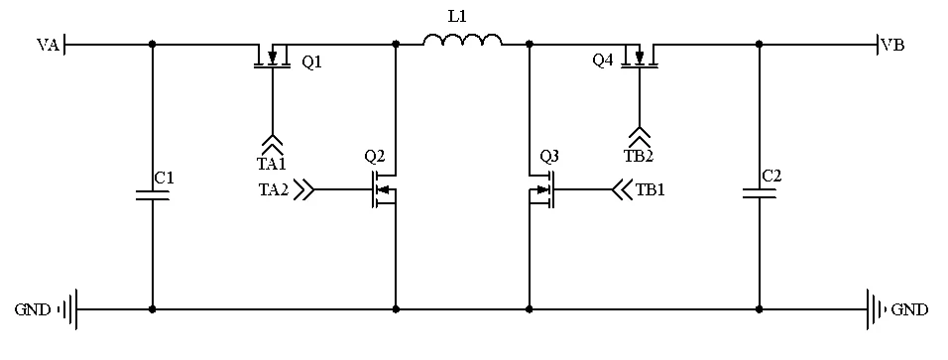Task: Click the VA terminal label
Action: (x=48, y=45)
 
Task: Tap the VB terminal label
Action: (x=892, y=45)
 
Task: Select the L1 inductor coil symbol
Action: (x=462, y=40)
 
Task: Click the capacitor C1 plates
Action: (x=153, y=194)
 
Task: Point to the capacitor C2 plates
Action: (x=760, y=193)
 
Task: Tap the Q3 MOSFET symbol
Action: (x=541, y=189)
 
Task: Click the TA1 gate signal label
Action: (x=272, y=164)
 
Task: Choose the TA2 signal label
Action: (x=274, y=189)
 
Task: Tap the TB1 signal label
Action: (x=651, y=189)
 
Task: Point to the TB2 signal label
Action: (x=639, y=156)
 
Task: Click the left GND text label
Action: (x=33, y=309)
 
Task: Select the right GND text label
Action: (x=910, y=309)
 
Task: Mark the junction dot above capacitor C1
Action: (x=153, y=45)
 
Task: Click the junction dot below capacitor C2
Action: (x=760, y=309)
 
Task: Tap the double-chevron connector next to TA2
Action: (x=304, y=189)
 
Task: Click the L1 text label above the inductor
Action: (x=457, y=16)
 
